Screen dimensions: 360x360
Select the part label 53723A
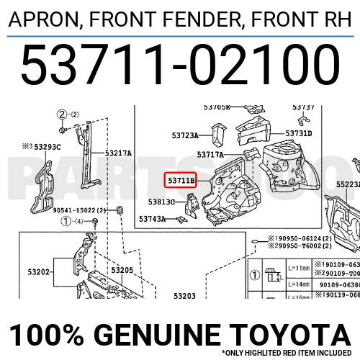click(185, 135)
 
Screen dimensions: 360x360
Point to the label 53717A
click(210, 154)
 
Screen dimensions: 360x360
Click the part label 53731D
click(298, 133)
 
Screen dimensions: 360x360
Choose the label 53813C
click(162, 202)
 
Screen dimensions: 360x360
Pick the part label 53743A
click(153, 218)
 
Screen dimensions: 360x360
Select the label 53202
click(39, 272)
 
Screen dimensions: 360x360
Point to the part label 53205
click(122, 270)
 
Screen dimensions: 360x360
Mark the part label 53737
click(303, 107)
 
